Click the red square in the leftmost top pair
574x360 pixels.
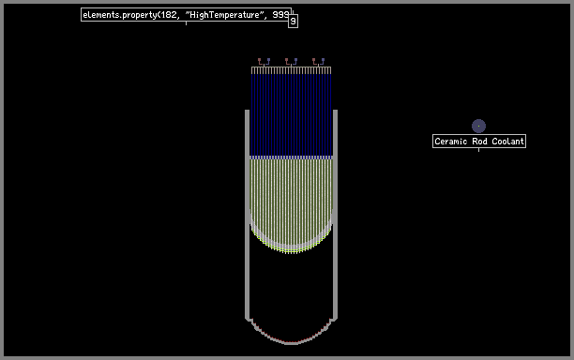pos(259,59)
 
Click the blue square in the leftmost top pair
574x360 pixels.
pos(268,59)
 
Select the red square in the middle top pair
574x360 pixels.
pos(287,59)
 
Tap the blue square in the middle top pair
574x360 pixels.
pos(295,59)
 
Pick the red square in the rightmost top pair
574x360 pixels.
pos(313,59)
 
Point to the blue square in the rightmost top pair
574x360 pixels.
pos(323,59)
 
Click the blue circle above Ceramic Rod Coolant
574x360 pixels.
pos(478,126)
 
